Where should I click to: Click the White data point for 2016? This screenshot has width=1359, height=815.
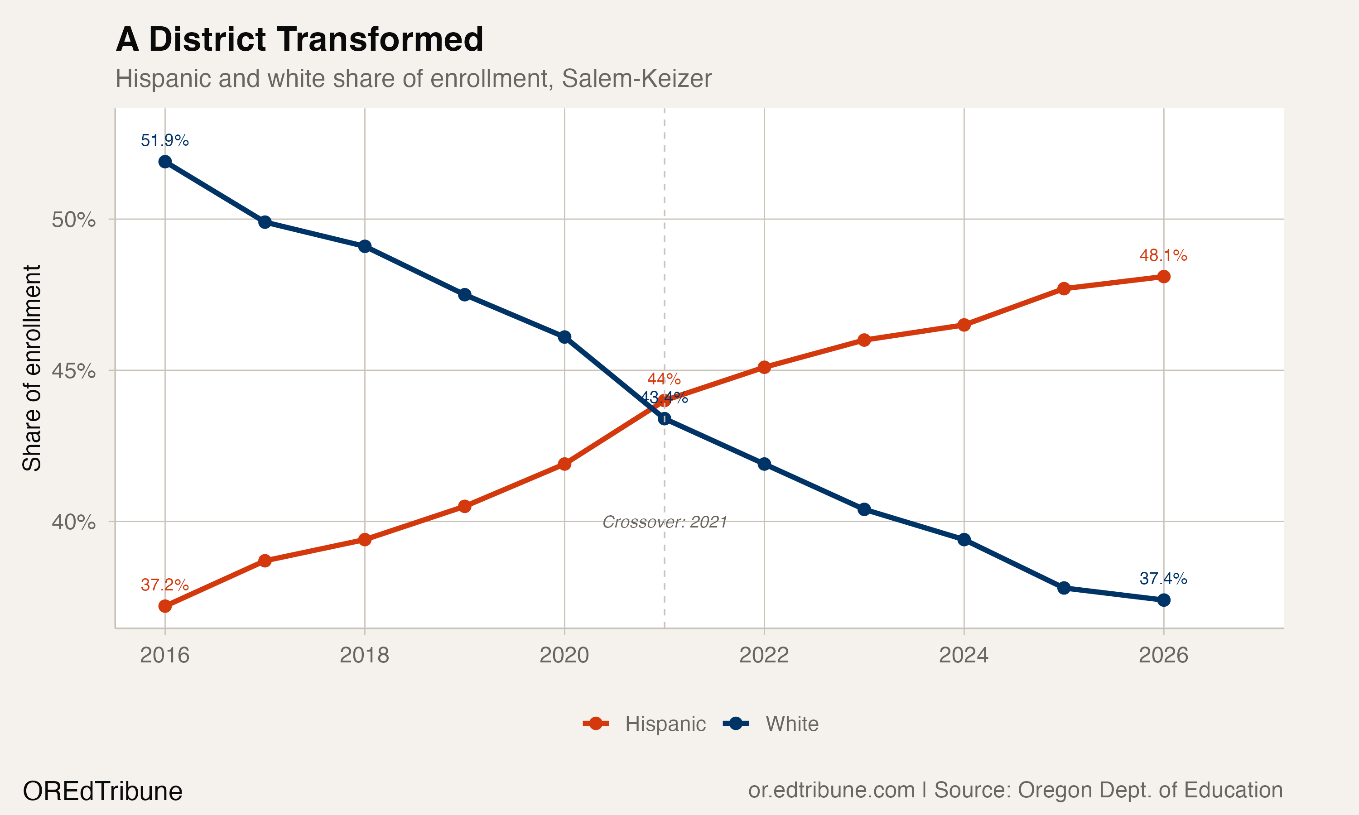point(165,162)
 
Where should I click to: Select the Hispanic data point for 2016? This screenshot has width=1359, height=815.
point(165,606)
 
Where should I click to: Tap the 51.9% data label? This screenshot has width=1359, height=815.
point(165,141)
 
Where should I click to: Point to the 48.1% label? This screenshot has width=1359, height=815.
point(1163,255)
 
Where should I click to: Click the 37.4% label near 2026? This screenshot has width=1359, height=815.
point(1163,578)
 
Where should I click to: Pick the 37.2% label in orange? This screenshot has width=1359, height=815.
point(165,585)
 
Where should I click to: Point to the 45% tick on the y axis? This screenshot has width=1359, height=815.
point(73,371)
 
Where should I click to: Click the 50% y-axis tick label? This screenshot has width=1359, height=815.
point(73,220)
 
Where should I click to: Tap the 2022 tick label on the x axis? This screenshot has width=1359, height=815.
point(764,655)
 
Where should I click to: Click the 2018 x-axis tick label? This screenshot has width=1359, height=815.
point(364,655)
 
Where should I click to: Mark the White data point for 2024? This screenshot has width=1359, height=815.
point(964,540)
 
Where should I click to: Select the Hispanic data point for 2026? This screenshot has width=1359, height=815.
point(1163,276)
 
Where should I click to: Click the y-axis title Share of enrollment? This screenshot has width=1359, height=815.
point(32,368)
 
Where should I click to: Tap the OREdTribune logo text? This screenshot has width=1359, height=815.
point(103,791)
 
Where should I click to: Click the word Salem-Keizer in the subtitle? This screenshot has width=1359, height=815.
point(636,78)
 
